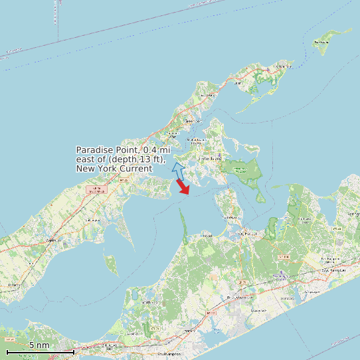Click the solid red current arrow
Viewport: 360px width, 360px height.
183,187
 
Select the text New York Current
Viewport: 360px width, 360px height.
114,169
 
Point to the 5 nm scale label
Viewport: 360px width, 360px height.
39,345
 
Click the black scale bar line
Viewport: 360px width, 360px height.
40,351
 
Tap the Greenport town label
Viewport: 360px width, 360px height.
193,121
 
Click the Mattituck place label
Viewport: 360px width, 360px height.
51,240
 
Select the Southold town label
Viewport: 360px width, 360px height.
125,180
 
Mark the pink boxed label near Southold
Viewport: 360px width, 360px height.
98,190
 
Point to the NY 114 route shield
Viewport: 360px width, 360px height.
284,256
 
